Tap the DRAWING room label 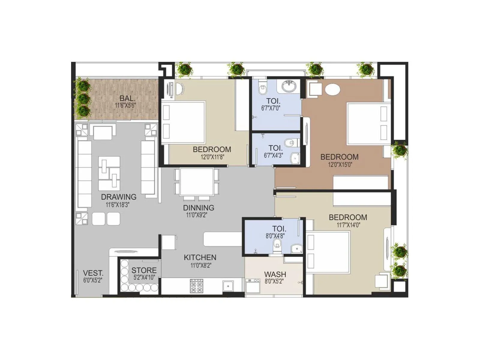118,197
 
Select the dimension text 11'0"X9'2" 196,215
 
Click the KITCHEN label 200,257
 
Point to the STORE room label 144,270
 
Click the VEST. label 93,273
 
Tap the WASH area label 275,274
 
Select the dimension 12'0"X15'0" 340,164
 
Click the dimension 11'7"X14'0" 348,225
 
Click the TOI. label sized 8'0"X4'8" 279,228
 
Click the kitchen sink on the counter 228,286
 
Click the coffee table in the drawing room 109,172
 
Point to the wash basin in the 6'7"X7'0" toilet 289,86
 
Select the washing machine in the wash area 253,287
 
